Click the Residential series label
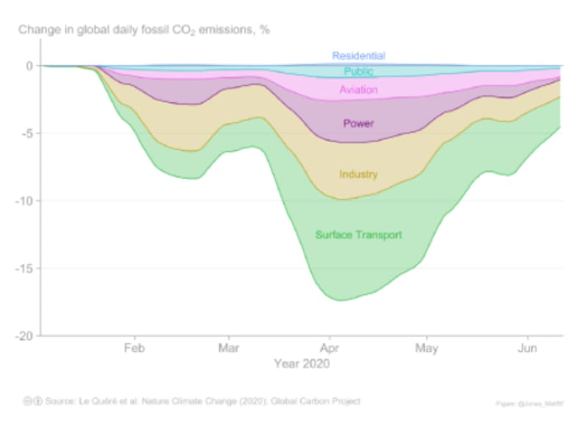click(358, 56)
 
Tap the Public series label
click(359, 72)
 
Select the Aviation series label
click(358, 90)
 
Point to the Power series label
click(358, 124)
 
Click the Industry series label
click(358, 174)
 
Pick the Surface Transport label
click(359, 235)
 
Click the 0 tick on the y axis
click(29, 66)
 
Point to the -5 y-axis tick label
click(26, 133)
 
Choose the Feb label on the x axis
click(134, 347)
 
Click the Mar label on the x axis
click(229, 347)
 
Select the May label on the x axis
click(426, 347)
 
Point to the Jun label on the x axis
click(527, 347)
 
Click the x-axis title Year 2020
click(302, 363)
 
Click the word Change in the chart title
click(39, 30)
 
